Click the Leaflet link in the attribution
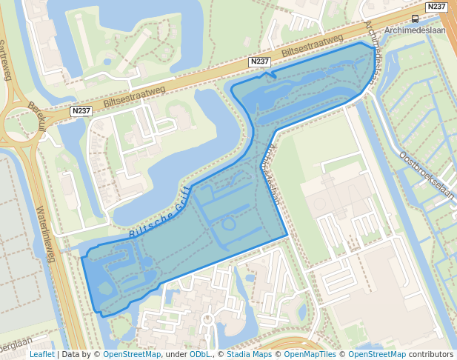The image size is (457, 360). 41,355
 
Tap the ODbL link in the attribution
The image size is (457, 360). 200,355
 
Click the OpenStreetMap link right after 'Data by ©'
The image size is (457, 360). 132,355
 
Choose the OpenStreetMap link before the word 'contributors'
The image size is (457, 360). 377,355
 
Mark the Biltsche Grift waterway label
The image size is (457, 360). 161,212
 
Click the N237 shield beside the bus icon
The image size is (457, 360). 437,7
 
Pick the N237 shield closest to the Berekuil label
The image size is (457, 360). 81,111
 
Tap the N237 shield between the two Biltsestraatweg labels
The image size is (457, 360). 259,61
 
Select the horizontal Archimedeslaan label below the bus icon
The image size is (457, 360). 416,32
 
